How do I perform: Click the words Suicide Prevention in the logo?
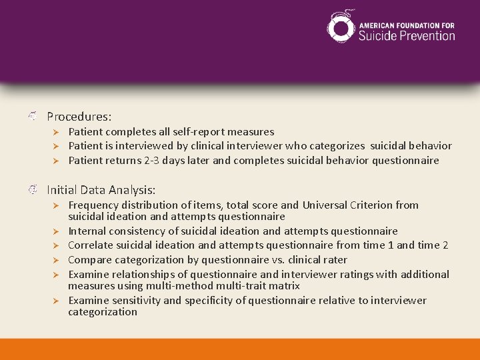click(407, 35)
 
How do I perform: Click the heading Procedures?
click(79, 116)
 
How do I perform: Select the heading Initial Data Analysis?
click(101, 190)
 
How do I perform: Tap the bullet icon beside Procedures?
click(33, 117)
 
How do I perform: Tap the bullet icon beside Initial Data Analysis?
click(33, 191)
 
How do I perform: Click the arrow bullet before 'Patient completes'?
click(57, 132)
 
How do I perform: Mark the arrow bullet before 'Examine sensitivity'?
click(57, 301)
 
